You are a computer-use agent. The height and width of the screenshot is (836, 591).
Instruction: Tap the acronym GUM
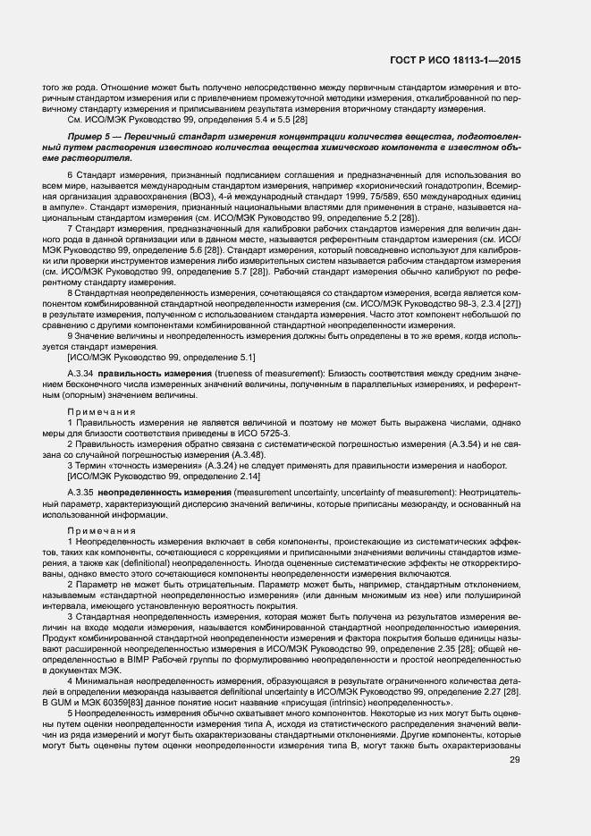83,692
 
